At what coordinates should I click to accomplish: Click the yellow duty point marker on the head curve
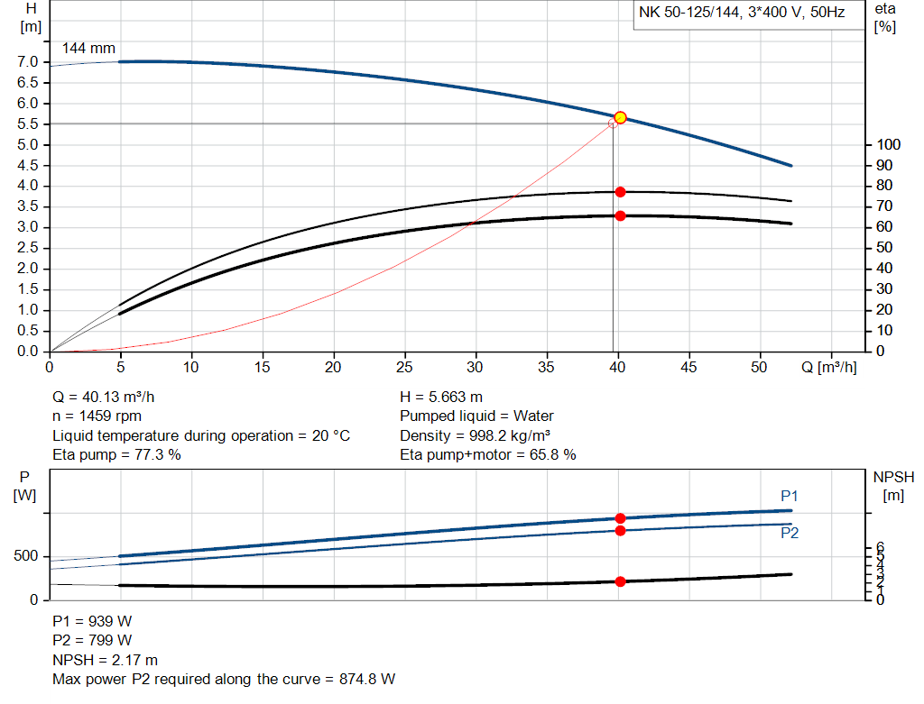coord(620,118)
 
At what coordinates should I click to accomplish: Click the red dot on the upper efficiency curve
coord(620,192)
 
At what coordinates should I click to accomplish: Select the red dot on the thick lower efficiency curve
coord(620,215)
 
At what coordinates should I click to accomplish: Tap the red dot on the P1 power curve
coord(620,518)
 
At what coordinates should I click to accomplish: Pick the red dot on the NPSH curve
coord(620,581)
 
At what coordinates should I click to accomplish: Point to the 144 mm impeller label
coord(88,49)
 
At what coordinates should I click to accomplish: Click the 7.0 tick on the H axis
coord(27,62)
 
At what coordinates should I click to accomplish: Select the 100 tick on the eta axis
coord(888,145)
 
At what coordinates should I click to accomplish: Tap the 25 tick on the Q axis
coord(405,368)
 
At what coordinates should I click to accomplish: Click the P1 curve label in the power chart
coord(789,496)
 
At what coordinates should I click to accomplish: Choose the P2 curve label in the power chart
coord(789,533)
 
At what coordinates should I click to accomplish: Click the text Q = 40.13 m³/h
coord(109,397)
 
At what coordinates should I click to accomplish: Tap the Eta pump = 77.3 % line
coord(116,454)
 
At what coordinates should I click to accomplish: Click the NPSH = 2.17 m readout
coord(105,660)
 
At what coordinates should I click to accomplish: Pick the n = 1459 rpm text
coord(97,416)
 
